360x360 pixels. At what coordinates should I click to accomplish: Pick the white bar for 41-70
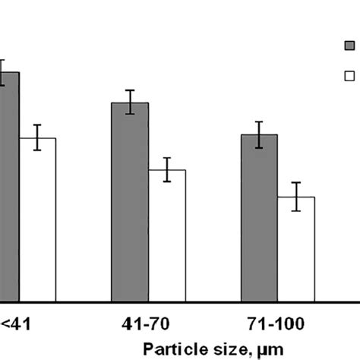coord(167,235)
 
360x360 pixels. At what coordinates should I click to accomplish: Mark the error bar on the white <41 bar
coord(37,137)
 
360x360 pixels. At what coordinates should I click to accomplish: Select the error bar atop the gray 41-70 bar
coord(130,102)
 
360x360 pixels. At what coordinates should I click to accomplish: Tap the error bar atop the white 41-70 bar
coord(167,169)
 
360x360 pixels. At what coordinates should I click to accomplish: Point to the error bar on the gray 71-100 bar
coord(259,134)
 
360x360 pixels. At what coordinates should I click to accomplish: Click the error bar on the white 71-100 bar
coord(296,197)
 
